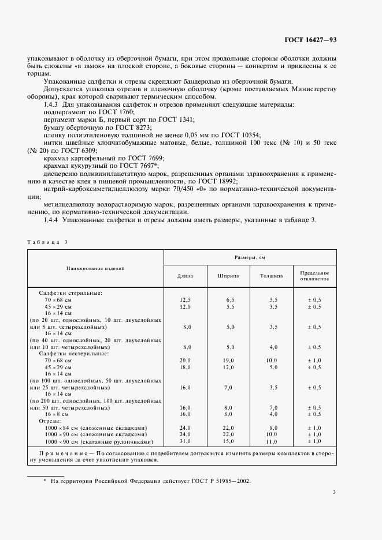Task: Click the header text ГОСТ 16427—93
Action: pyautogui.click(x=311, y=40)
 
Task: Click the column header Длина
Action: pyautogui.click(x=186, y=276)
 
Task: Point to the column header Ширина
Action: pyautogui.click(x=228, y=276)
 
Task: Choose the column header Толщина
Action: pyautogui.click(x=272, y=276)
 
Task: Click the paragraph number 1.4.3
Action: pyautogui.click(x=51, y=104)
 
